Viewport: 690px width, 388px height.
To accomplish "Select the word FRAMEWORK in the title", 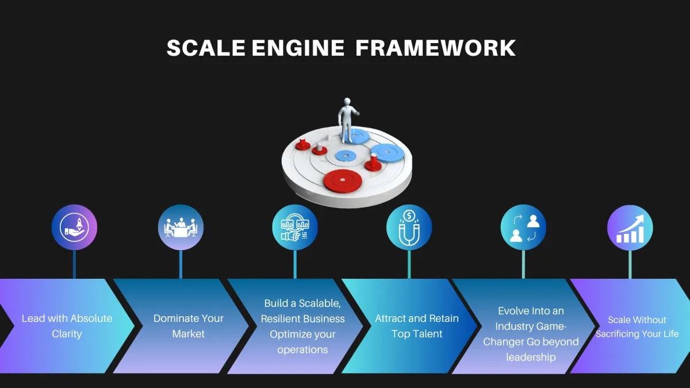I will coord(435,48).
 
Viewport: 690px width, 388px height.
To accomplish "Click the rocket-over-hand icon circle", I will coord(74,227).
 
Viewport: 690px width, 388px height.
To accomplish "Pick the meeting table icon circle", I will coord(181,227).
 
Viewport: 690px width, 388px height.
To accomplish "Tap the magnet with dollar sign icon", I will coord(409,227).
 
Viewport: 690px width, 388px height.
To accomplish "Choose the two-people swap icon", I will coord(523,227).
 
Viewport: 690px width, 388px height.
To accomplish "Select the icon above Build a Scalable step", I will coord(295,227).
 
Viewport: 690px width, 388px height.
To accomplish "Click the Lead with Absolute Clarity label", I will coord(67,326).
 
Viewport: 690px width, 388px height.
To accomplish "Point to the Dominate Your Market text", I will coord(188,326).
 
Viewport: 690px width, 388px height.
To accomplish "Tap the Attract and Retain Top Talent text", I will coord(417,326).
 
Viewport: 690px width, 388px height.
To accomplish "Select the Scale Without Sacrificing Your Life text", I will coord(637,327).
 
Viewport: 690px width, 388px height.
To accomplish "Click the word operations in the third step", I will coord(302,349).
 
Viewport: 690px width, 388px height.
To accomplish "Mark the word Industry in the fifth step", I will coord(514,326).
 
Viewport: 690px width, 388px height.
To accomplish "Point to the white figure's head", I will coord(347,102).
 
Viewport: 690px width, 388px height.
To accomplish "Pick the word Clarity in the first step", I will coord(67,334).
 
